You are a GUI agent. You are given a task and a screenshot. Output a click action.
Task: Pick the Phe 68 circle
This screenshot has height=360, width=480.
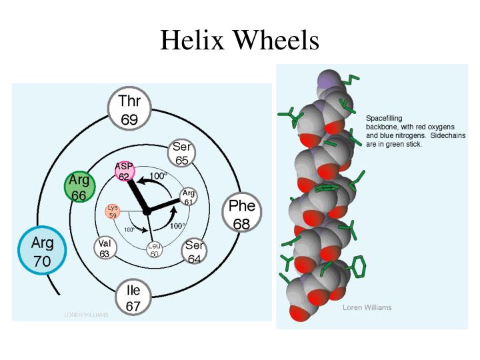click(x=241, y=215)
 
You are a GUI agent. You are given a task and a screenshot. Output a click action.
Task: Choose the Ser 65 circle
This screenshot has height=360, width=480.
click(x=181, y=153)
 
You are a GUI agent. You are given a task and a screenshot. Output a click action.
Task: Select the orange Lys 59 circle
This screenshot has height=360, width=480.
click(x=112, y=212)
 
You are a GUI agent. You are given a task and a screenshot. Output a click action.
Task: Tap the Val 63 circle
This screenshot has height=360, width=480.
click(x=105, y=248)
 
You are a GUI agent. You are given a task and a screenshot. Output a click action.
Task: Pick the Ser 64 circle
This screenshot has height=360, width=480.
click(x=194, y=252)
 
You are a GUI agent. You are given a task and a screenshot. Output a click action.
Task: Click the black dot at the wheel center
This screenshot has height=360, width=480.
click(x=147, y=211)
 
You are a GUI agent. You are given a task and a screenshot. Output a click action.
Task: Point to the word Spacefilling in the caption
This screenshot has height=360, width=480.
click(x=384, y=118)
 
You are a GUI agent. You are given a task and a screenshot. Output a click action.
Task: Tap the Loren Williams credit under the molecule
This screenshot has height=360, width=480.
click(x=367, y=307)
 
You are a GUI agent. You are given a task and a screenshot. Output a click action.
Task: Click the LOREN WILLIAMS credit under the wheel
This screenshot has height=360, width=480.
click(x=86, y=315)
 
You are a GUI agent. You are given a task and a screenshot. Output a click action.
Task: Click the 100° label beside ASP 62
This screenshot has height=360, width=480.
click(x=157, y=176)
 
